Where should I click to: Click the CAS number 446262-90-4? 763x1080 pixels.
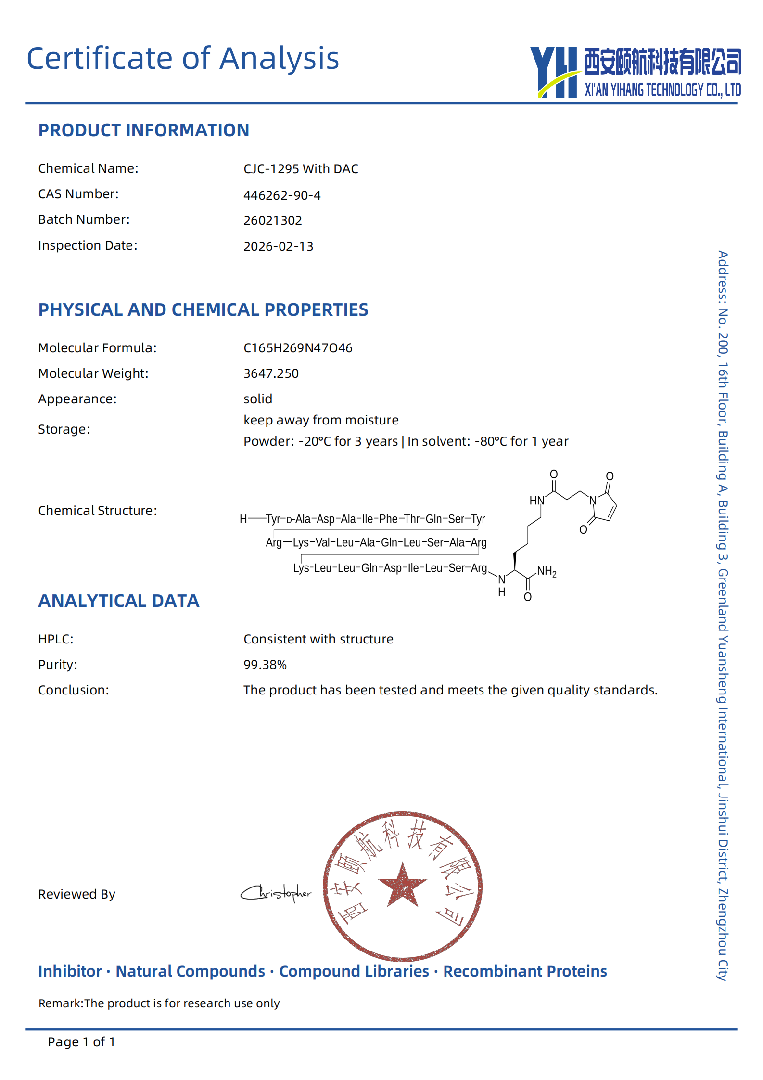coord(282,195)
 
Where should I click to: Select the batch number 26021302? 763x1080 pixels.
coord(273,220)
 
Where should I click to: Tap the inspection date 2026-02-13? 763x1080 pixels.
coord(278,246)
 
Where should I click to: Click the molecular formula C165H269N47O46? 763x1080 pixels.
coord(298,348)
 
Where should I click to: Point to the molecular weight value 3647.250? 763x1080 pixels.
coord(271,373)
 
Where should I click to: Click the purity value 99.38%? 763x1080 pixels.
coord(265,665)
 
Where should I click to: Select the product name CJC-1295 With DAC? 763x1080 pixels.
coord(301,169)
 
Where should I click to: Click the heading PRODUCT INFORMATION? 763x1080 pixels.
coord(143,130)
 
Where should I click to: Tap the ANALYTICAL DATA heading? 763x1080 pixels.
coord(118,601)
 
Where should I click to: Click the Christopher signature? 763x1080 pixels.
coord(276,893)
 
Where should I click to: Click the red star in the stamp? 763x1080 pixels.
coord(402,885)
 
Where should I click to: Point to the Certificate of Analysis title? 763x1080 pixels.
coord(183,59)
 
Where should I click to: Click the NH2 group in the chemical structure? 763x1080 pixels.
coord(547,571)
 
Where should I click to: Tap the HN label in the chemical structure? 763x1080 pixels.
coord(536,501)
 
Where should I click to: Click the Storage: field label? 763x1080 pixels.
coord(64,429)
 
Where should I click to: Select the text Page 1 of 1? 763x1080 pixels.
coord(81,1042)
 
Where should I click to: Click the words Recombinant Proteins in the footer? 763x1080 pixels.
coord(525,971)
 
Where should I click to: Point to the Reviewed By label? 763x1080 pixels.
coord(76,894)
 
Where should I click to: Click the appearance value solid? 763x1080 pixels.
coord(258,399)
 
